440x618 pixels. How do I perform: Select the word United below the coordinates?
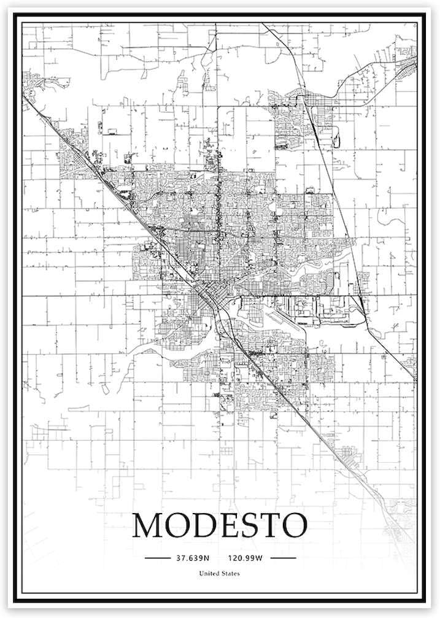pos(209,574)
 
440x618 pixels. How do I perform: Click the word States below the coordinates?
pos(230,574)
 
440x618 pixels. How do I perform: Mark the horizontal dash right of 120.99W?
pos(283,558)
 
